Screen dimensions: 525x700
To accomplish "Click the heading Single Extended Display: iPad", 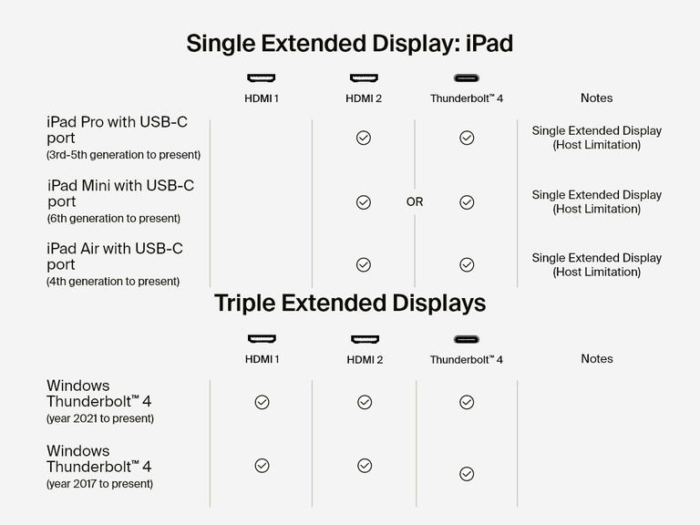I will pyautogui.click(x=350, y=44).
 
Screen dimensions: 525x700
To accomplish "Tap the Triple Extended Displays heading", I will pyautogui.click(x=350, y=303).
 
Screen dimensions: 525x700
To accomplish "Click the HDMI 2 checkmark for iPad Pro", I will pyautogui.click(x=364, y=138).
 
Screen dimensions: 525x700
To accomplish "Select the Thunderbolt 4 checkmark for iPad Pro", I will pyautogui.click(x=467, y=138).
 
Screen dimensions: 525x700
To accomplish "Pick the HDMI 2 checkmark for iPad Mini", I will pyautogui.click(x=364, y=202).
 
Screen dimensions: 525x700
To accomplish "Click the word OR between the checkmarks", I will pyautogui.click(x=415, y=202).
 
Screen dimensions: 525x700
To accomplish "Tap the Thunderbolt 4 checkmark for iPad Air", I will pyautogui.click(x=467, y=265).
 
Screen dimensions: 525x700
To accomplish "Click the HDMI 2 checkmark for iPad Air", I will pyautogui.click(x=364, y=265).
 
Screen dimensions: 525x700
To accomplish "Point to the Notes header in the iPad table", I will pyautogui.click(x=596, y=98).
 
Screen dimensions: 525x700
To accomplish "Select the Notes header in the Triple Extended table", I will pyautogui.click(x=596, y=359).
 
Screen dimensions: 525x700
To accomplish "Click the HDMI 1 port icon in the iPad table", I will pyautogui.click(x=262, y=78).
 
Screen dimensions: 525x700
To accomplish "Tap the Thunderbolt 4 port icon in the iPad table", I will pyautogui.click(x=467, y=78).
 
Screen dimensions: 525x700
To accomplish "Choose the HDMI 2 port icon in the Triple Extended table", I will pyautogui.click(x=365, y=339).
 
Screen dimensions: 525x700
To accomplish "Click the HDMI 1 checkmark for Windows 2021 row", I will pyautogui.click(x=262, y=402).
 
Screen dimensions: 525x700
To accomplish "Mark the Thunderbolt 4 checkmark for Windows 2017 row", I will pyautogui.click(x=467, y=474).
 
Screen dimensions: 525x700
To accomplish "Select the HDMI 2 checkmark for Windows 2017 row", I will pyautogui.click(x=365, y=466).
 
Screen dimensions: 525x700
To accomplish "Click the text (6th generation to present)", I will pyautogui.click(x=114, y=219).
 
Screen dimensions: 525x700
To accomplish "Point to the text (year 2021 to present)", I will pyautogui.click(x=100, y=419).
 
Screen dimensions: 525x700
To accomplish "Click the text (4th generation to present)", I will pyautogui.click(x=113, y=282).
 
